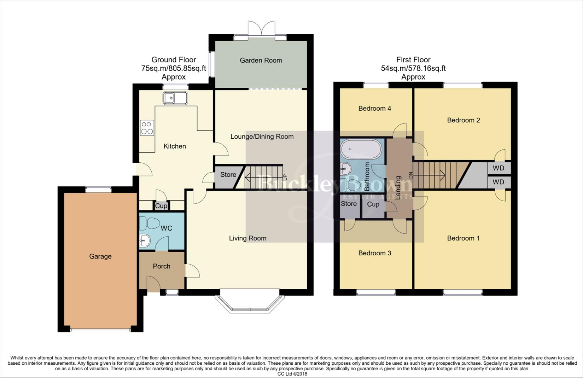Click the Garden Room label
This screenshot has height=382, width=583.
point(261,60)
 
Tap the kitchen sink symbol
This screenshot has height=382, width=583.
point(175,98)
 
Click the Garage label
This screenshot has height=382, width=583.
point(100,256)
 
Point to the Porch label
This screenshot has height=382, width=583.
point(162,266)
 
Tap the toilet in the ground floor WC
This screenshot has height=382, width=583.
point(149,224)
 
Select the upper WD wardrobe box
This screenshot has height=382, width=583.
point(499,168)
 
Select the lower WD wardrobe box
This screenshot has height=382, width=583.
point(499,182)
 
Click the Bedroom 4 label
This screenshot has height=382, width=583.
point(374,108)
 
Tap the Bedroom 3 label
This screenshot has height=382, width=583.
point(374,253)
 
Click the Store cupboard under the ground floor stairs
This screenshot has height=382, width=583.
point(228,175)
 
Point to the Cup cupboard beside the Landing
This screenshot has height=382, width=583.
point(373,204)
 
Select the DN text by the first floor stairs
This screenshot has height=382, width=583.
point(410,175)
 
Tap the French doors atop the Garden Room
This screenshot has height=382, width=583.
point(261,28)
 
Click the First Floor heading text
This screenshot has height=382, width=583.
point(413,60)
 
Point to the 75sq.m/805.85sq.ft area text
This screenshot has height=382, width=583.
point(174,68)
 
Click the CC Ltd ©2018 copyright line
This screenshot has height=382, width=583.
point(292,374)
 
